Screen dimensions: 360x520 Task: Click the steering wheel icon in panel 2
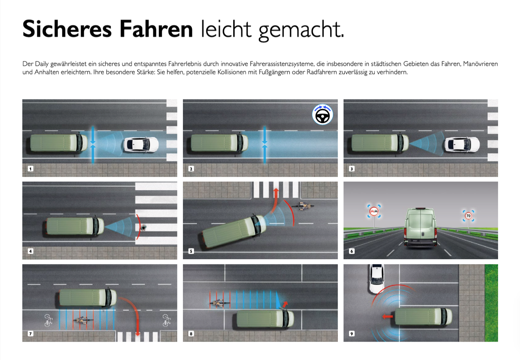(x=322, y=115)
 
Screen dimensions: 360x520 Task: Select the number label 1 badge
(x=30, y=169)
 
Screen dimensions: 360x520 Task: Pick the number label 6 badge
(x=352, y=251)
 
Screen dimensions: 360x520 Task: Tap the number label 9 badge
(x=352, y=333)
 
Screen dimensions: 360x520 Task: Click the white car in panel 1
(x=141, y=145)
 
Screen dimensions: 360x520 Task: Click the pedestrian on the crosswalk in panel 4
(x=143, y=227)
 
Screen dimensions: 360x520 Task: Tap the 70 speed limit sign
(x=468, y=215)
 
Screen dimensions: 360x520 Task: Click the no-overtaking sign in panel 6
(x=374, y=211)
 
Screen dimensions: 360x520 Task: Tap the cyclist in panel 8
(x=219, y=303)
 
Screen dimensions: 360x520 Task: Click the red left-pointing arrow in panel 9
(x=387, y=316)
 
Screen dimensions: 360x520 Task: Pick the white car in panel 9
(x=377, y=279)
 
